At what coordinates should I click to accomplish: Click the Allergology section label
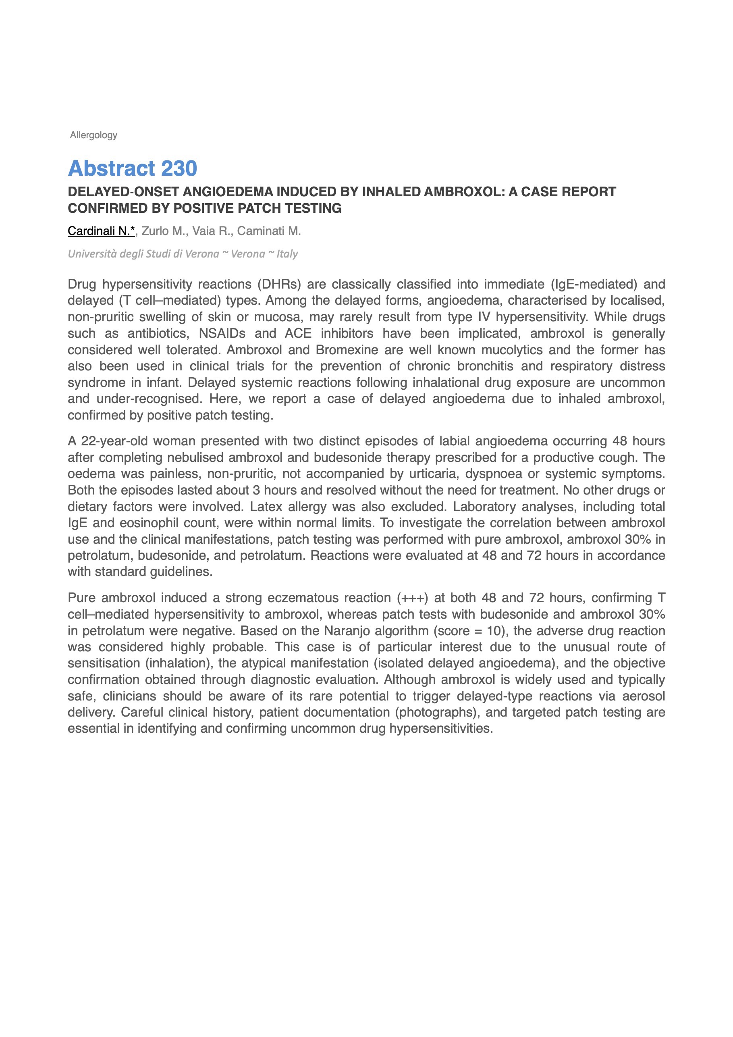[93, 135]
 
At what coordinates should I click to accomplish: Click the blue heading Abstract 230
[132, 168]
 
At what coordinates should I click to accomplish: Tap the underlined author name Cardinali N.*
[101, 231]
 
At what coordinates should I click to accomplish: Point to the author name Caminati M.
[269, 231]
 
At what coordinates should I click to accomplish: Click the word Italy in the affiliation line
[287, 254]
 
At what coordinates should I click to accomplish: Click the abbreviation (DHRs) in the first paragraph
[279, 285]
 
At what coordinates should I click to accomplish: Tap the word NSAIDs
[222, 333]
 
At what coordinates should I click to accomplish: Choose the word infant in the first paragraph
[164, 382]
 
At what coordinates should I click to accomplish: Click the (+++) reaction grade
[412, 598]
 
